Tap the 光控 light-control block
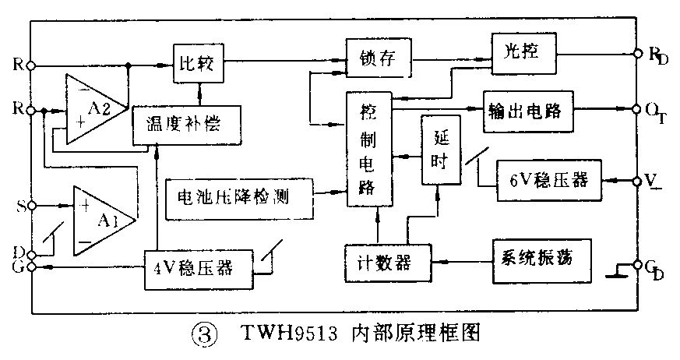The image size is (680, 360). (x=524, y=52)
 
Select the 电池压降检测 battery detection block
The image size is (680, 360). (x=239, y=196)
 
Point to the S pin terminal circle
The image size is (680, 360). (x=31, y=206)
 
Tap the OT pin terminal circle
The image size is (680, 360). (x=637, y=108)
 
